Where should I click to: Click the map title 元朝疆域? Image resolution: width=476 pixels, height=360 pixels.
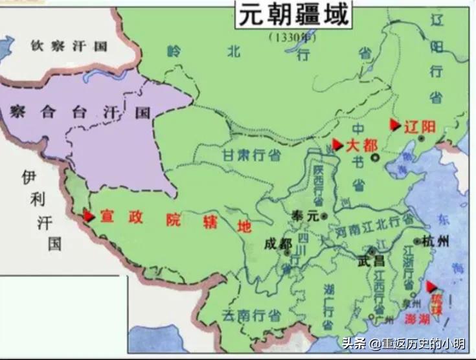tap(294, 15)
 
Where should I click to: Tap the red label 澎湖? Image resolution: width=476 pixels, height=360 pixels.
tap(419, 319)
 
